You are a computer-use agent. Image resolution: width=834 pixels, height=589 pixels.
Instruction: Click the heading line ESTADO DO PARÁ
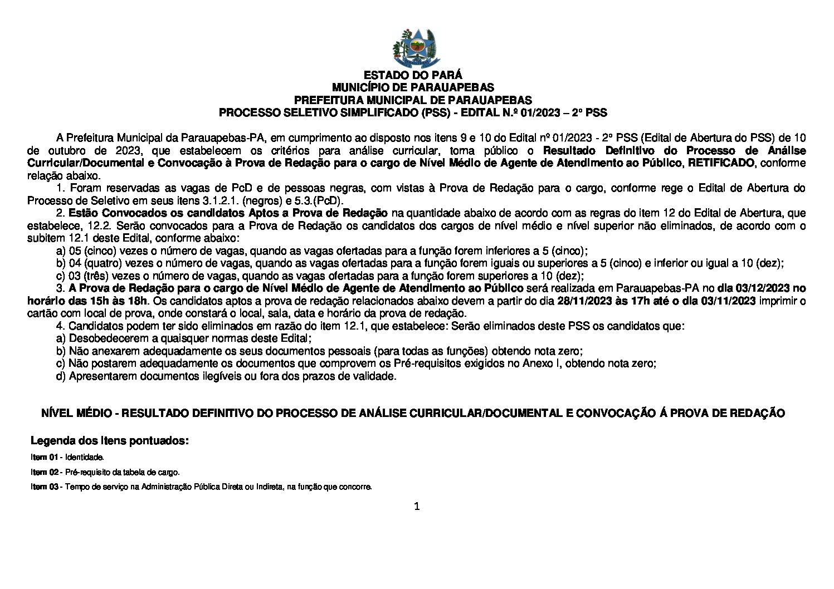413,75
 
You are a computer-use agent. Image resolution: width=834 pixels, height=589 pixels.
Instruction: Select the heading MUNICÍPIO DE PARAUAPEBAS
413,87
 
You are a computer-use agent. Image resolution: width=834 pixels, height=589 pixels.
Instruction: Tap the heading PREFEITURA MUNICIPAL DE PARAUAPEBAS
413,100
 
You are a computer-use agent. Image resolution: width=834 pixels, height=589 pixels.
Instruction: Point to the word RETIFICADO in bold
721,163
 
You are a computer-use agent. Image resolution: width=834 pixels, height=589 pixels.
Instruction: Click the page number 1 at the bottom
416,506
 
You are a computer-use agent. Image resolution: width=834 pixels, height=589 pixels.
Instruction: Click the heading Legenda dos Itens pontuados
110,441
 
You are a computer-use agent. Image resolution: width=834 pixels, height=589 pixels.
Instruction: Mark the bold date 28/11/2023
579,301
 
